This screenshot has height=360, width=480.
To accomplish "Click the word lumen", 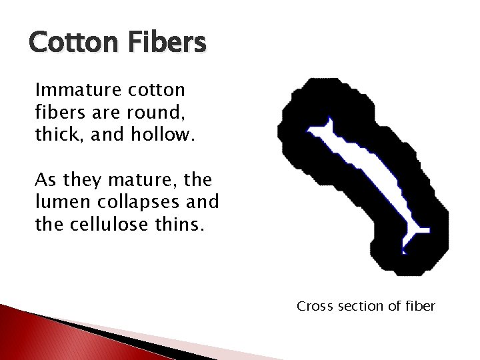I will [x=57, y=202].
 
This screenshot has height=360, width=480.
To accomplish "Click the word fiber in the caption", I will [x=417, y=306].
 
